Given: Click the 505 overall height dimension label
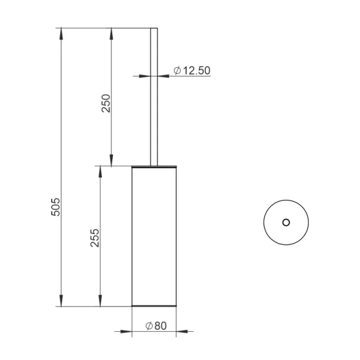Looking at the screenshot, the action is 55,207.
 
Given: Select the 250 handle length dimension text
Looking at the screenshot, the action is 106,103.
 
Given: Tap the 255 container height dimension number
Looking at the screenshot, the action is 95,238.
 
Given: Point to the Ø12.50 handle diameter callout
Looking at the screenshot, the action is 192,70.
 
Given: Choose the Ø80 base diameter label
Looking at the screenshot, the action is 156,326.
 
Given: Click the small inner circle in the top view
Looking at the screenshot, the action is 286,222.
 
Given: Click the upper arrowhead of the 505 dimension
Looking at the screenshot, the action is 61,34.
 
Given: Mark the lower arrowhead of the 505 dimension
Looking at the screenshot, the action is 61,301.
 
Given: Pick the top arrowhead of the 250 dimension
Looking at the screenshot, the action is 112,34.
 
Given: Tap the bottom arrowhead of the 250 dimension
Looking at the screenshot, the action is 112,160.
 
